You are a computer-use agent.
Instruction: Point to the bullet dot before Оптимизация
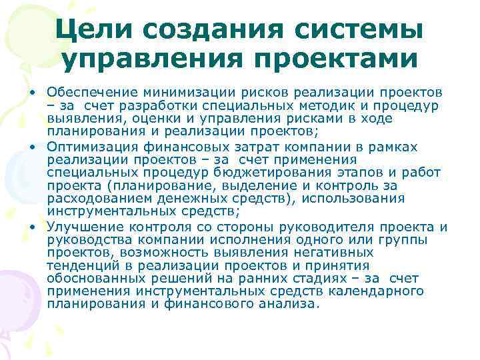click(x=31, y=147)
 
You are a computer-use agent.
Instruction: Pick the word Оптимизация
click(x=92, y=147)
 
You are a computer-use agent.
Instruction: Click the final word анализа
click(x=289, y=304)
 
